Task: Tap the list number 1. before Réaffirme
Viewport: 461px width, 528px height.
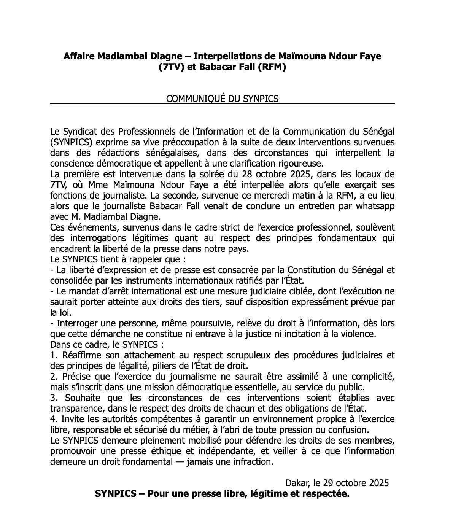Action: pos(53,356)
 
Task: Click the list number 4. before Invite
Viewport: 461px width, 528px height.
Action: pos(54,420)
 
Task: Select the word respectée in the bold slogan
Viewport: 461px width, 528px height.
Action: pos(327,494)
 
